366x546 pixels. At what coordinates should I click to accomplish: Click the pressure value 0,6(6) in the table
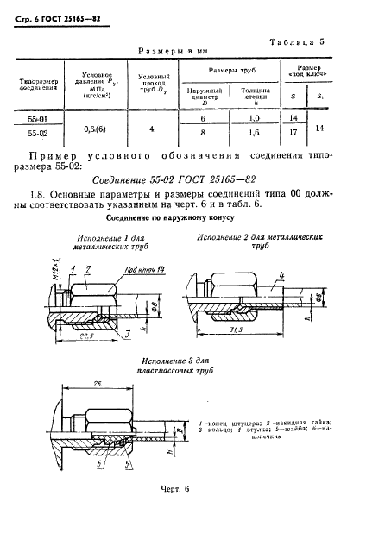98,126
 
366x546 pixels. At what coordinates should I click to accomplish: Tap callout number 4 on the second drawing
281,278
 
